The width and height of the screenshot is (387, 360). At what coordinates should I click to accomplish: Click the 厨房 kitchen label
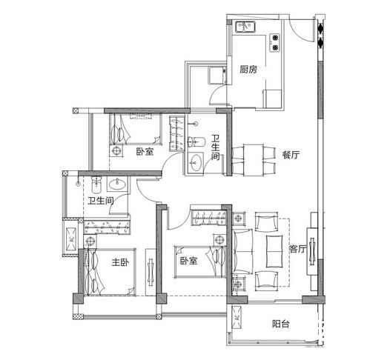click(x=248, y=70)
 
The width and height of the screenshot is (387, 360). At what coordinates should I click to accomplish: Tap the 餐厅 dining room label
click(x=291, y=155)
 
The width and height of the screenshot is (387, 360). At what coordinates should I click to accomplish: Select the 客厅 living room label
click(x=298, y=249)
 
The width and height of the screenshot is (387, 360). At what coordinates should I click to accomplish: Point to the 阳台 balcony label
click(x=281, y=324)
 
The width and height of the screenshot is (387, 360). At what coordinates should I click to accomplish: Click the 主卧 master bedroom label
click(x=120, y=262)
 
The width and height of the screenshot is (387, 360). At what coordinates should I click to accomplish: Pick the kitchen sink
click(x=245, y=27)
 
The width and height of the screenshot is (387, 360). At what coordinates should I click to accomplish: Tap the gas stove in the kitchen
click(x=275, y=42)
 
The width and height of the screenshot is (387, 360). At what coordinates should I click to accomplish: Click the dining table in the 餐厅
click(x=253, y=160)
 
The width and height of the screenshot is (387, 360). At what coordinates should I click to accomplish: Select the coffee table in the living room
click(x=274, y=251)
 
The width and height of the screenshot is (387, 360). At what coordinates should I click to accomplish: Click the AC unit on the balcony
click(x=236, y=318)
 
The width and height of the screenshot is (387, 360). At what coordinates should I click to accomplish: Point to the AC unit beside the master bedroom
click(x=71, y=239)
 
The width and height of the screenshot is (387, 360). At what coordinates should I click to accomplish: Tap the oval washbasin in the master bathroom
click(x=117, y=184)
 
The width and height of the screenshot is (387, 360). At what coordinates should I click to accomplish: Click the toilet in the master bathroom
click(x=96, y=184)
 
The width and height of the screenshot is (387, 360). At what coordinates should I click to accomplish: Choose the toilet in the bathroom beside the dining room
click(x=196, y=142)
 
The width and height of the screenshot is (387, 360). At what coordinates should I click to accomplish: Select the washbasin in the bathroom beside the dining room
click(x=196, y=162)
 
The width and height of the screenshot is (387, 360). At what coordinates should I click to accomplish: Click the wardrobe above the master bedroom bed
click(x=107, y=227)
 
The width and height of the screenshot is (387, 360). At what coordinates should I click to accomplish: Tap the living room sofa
click(x=242, y=251)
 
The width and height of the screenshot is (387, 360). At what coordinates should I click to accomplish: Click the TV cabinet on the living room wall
click(x=312, y=251)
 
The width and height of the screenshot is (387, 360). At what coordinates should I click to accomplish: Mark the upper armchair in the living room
click(x=266, y=221)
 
